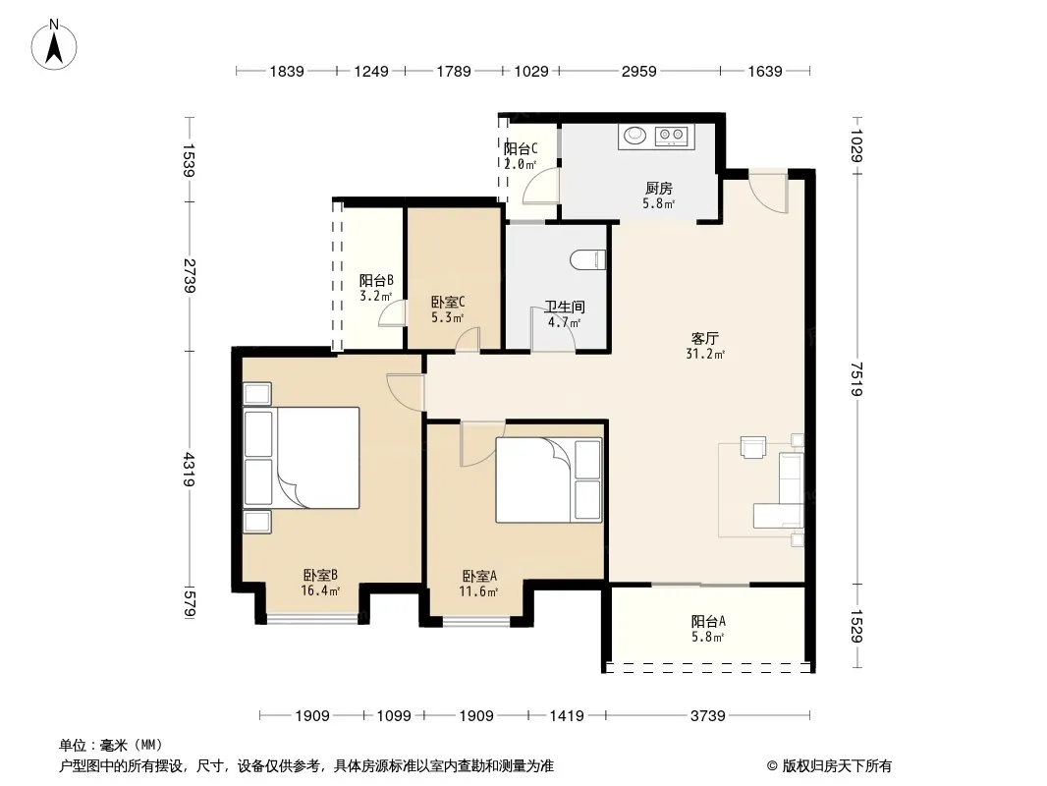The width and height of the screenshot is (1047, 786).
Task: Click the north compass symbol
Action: click(x=54, y=45)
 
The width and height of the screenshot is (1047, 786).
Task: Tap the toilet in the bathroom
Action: click(x=588, y=259)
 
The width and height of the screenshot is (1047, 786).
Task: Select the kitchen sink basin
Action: click(x=634, y=136)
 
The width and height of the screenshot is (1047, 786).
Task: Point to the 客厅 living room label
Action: click(x=704, y=339)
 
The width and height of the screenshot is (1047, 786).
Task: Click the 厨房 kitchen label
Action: click(x=658, y=189)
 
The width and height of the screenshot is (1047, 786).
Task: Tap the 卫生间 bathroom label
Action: click(x=564, y=308)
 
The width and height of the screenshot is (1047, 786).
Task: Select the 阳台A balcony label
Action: click(x=708, y=622)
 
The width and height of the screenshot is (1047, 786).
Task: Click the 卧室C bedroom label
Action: click(x=447, y=303)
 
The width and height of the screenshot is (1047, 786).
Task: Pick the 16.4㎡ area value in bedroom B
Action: click(x=320, y=590)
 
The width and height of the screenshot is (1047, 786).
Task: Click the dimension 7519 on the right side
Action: click(x=857, y=378)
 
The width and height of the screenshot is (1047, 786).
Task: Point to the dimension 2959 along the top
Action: click(x=639, y=71)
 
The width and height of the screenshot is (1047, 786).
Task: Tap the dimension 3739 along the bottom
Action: click(x=708, y=716)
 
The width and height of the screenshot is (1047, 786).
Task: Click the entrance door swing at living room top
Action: click(x=768, y=192)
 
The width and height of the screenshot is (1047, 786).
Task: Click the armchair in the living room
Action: click(x=753, y=447)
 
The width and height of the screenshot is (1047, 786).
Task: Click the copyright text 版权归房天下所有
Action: click(x=837, y=766)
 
